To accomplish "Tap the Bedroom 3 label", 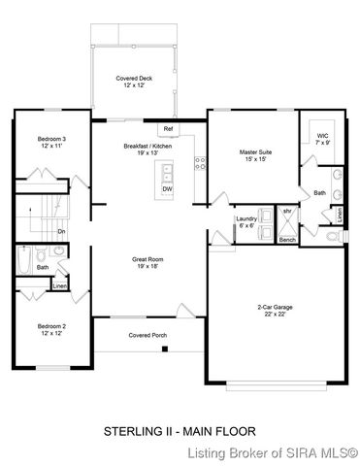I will [x=44, y=143].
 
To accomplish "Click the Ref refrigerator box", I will [x=168, y=128].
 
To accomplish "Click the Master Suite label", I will [x=255, y=155].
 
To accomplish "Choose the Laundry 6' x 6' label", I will [x=247, y=222].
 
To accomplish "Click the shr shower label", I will [x=287, y=211].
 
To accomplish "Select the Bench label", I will [x=287, y=239].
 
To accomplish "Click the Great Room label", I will [x=148, y=263].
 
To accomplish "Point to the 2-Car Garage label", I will [x=271, y=310].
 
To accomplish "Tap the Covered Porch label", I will [x=147, y=335].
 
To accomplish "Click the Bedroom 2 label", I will [x=44, y=329].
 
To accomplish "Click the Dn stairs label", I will [x=61, y=232].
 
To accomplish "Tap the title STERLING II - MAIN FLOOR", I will [x=180, y=428].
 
